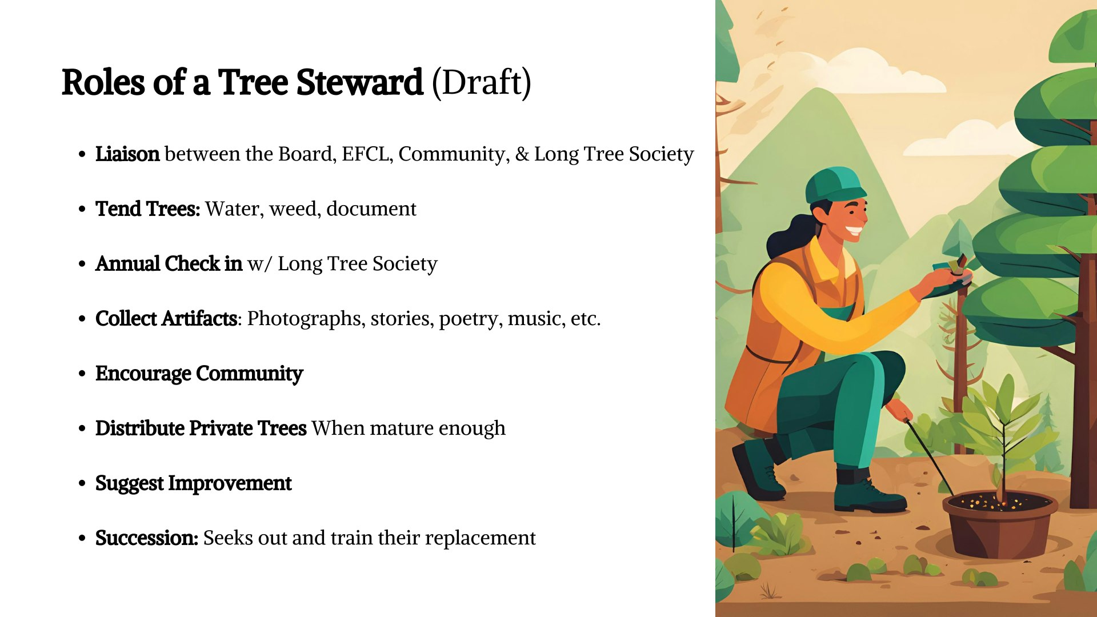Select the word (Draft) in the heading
click(x=481, y=82)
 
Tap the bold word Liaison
click(x=127, y=154)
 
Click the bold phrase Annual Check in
click(x=169, y=264)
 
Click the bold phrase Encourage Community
click(x=199, y=374)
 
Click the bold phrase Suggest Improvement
click(x=193, y=483)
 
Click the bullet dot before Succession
click(x=82, y=538)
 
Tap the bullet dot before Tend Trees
click(x=82, y=209)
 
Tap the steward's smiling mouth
click(x=854, y=231)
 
